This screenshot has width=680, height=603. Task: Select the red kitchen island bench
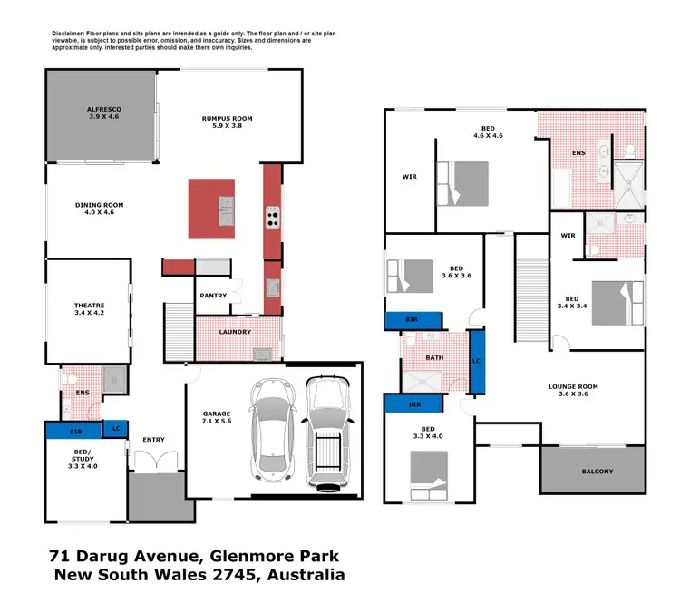pos(211,209)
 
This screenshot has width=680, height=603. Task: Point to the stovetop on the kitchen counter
pos(273,217)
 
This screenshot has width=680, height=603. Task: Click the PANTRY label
pos(212,296)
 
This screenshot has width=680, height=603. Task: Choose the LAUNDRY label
pos(235,332)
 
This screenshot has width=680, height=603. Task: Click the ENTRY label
pos(153,440)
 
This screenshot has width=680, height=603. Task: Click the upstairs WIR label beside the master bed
pos(410,177)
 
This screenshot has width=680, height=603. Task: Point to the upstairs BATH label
pos(434,357)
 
